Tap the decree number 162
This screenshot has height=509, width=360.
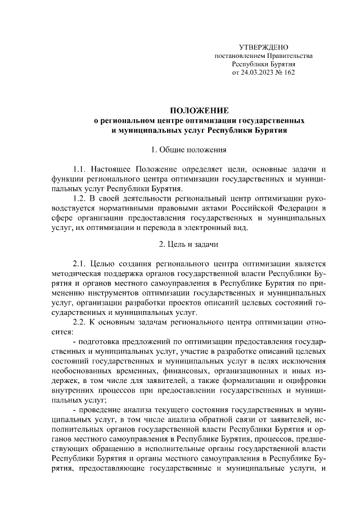point(289,73)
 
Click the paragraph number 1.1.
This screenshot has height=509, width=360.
point(81,169)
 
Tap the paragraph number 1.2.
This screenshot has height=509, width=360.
point(81,199)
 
